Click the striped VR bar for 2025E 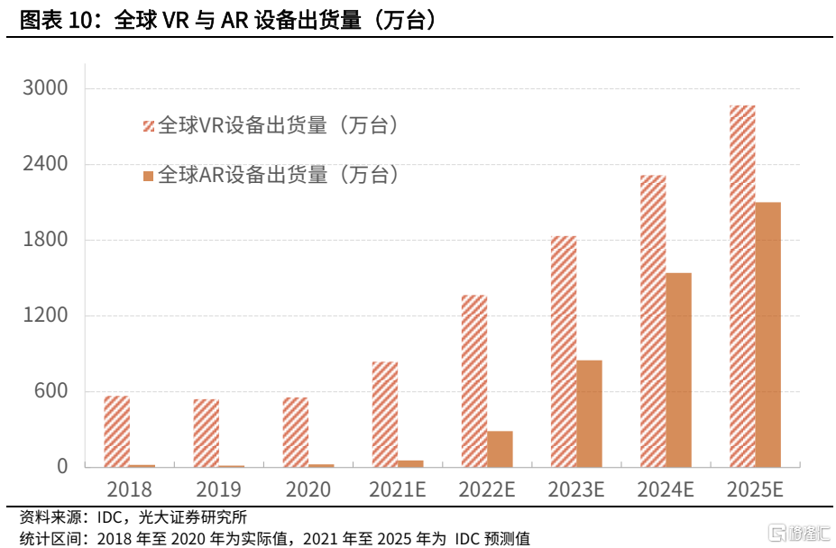point(742,287)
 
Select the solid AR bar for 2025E point(768,334)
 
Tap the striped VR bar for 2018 point(116,432)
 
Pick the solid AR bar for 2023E point(589,414)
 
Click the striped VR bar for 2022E point(474,381)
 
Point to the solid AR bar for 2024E point(678,370)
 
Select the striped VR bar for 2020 point(295,433)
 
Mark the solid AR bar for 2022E point(500,449)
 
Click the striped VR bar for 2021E point(385,415)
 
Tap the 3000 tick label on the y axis point(49,88)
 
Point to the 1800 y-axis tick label point(49,240)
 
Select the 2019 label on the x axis point(218,490)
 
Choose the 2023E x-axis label point(575,490)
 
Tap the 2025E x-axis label point(755,490)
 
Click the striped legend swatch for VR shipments point(149,126)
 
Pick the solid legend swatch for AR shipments point(149,175)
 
